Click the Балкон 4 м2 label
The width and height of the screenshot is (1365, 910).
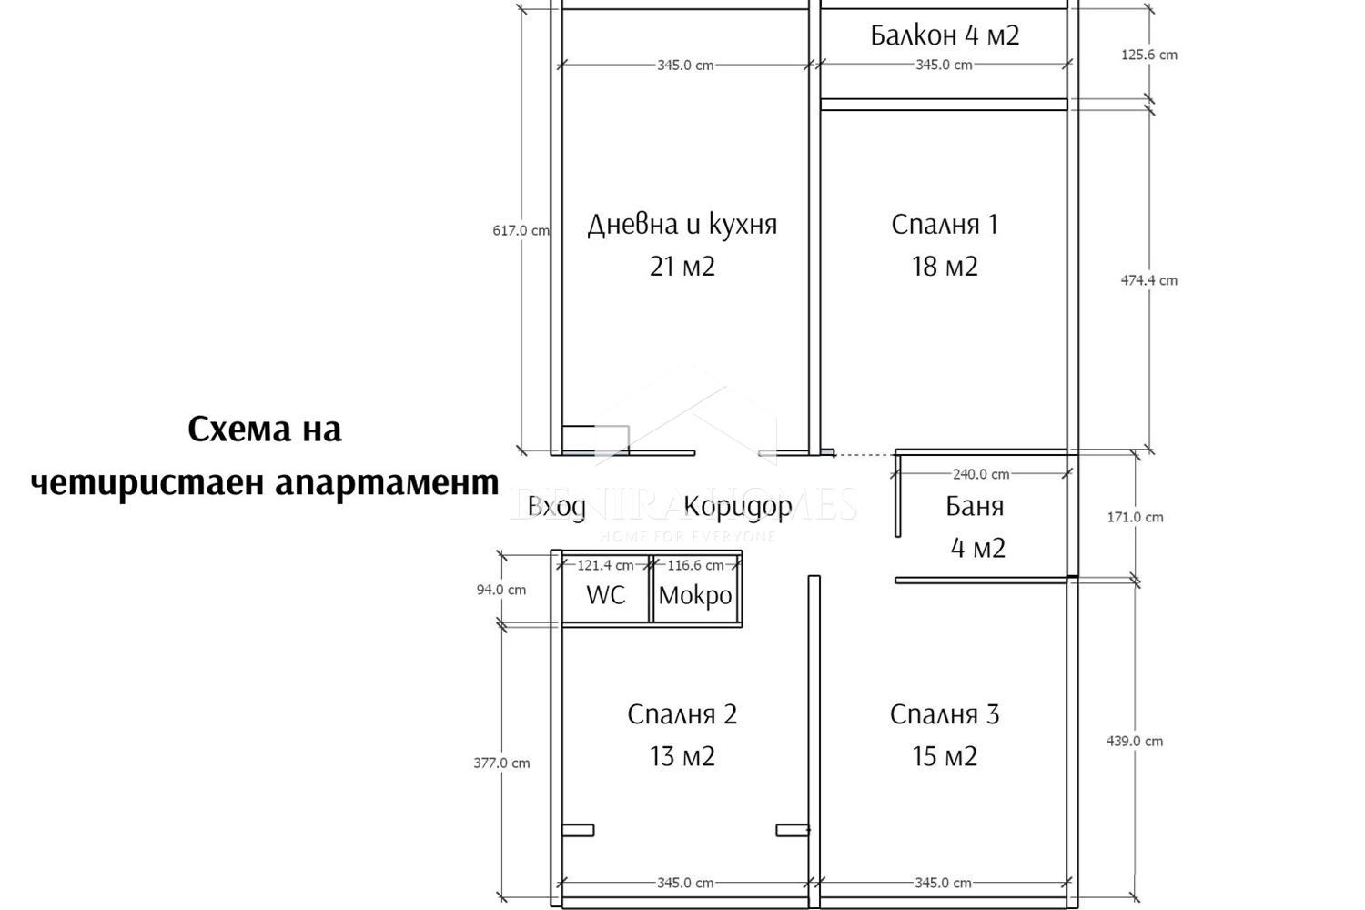click(x=945, y=35)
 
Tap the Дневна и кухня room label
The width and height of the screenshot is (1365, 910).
click(x=682, y=225)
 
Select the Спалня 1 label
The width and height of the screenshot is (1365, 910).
click(x=945, y=225)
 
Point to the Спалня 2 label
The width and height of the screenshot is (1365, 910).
click(x=682, y=715)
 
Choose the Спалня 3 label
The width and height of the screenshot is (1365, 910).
click(x=945, y=715)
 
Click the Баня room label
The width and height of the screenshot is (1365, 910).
click(x=975, y=507)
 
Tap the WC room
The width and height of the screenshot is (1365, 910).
click(x=606, y=595)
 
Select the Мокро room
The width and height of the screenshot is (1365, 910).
click(x=695, y=595)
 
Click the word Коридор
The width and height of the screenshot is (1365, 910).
click(x=738, y=507)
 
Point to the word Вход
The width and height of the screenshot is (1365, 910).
click(x=557, y=507)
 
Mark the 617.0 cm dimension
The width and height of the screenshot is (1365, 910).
click(x=521, y=231)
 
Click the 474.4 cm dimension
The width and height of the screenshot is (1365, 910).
click(x=1148, y=280)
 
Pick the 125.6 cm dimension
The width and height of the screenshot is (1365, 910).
click(x=1148, y=55)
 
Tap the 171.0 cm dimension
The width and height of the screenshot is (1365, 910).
click(x=1135, y=517)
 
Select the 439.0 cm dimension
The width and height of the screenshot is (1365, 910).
click(x=1135, y=741)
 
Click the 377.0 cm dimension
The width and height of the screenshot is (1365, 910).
click(x=501, y=763)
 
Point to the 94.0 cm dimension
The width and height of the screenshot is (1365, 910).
click(x=501, y=590)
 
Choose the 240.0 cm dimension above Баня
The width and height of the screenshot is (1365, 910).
click(x=981, y=474)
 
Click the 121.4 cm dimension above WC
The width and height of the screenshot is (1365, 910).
click(x=605, y=565)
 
